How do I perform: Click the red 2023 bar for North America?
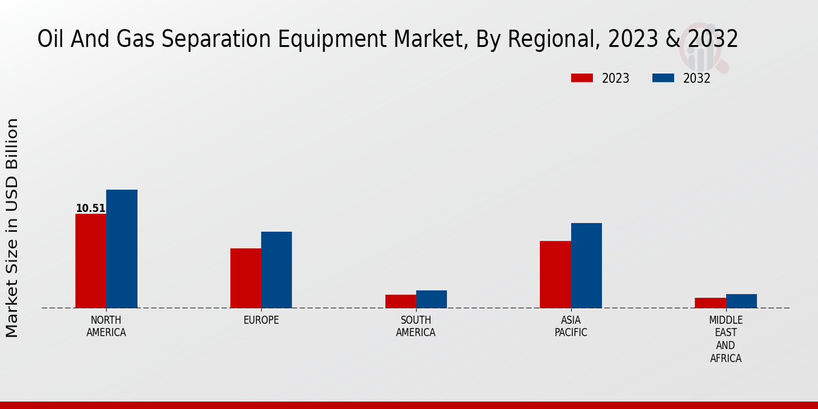91,261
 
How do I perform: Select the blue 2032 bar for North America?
122,249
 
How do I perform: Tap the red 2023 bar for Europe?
245,278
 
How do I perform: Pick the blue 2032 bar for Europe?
276,270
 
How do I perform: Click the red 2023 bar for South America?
400,301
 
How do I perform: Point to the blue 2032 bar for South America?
431,299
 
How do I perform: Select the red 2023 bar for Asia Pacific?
555,274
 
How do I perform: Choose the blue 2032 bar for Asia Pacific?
586,265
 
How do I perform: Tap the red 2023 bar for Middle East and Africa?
710,303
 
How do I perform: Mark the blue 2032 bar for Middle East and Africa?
741,301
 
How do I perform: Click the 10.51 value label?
91,209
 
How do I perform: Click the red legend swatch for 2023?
581,78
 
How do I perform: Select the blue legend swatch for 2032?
663,78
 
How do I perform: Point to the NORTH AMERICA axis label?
106,327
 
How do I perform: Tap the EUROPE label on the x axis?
261,320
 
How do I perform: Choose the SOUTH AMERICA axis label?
416,327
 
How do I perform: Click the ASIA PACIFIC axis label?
571,327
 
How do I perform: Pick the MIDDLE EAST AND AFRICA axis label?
725,339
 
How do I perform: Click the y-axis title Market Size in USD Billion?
12,228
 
